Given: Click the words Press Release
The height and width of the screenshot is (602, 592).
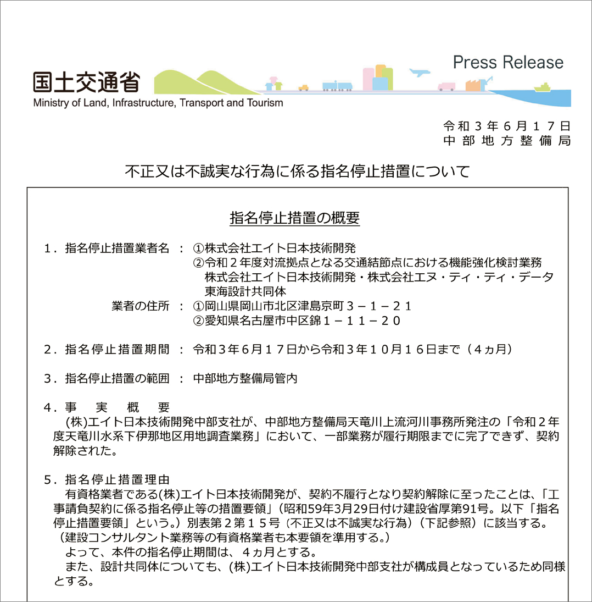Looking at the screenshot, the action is (508, 62).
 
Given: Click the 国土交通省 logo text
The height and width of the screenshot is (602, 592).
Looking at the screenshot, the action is (86, 82).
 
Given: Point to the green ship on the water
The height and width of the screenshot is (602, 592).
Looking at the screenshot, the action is (542, 87).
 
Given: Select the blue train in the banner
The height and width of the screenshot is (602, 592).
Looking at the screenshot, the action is (337, 85).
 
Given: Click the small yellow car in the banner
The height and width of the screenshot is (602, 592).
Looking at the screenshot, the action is (304, 87).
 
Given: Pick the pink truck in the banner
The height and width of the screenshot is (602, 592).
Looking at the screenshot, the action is (446, 86).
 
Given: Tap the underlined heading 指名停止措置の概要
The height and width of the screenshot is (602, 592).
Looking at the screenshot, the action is (294, 218).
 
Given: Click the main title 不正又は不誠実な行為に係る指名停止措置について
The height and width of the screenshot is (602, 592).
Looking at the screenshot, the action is (297, 172).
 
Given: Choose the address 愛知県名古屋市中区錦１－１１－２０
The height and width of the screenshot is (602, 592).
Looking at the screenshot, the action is (297, 321).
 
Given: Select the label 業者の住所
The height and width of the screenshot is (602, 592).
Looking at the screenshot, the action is (141, 306).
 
